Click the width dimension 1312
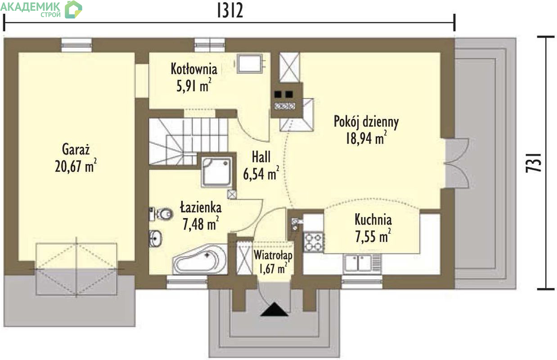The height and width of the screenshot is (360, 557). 230,11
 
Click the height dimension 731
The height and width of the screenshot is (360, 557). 534,163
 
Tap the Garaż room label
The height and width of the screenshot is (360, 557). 76,150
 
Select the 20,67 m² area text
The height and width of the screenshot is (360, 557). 76,166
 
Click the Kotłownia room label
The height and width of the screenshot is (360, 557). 194,69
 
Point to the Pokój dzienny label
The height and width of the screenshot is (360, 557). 366,122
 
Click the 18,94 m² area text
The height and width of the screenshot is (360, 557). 366,138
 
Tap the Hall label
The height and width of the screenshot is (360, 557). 261,157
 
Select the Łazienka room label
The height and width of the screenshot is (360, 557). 201,207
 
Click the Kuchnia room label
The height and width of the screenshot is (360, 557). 373,220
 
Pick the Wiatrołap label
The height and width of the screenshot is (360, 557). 273,255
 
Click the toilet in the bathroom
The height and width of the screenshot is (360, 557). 161,214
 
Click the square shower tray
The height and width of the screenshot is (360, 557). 217,171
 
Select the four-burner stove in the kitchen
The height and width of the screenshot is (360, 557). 313,242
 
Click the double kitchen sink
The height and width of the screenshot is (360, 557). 358,263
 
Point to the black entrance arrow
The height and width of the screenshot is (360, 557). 274,309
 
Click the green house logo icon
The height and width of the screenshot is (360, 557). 73,9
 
